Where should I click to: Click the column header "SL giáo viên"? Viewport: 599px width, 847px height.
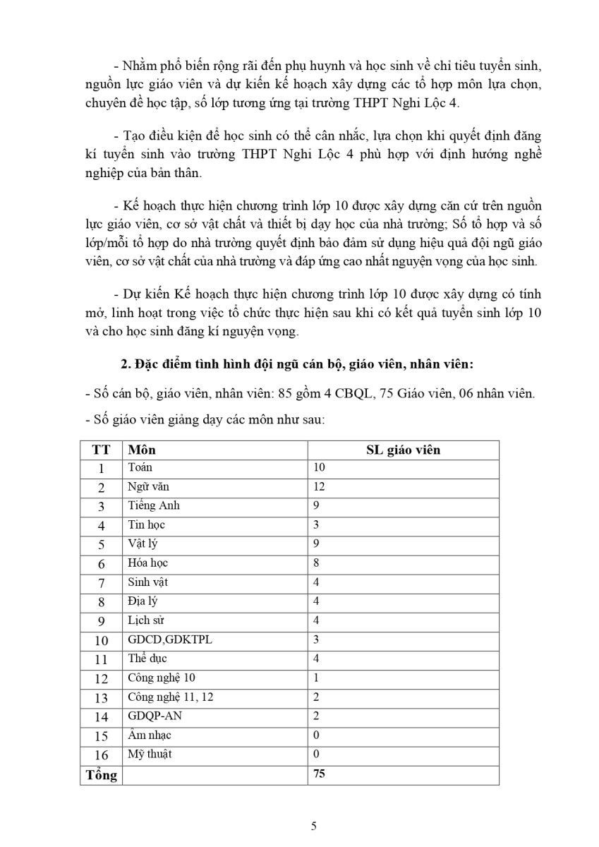(x=403, y=450)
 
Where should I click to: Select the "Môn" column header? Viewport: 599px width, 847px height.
(x=143, y=450)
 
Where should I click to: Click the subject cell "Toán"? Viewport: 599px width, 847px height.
(x=140, y=467)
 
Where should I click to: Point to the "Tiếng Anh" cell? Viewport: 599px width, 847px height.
(x=154, y=505)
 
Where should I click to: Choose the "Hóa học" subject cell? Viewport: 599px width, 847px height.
(x=148, y=563)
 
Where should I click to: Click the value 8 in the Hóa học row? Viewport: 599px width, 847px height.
(x=315, y=563)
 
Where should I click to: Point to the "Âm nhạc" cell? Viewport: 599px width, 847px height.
(x=150, y=735)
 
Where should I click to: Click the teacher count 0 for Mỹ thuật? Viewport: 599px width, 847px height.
(x=315, y=755)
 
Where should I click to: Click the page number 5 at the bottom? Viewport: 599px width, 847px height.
(x=314, y=827)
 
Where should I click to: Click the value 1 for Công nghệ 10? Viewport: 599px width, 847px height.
(x=315, y=678)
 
